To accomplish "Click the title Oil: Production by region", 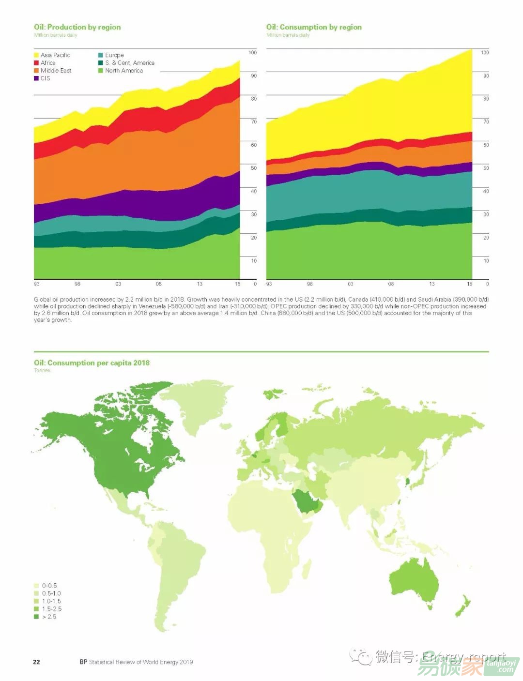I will click(77, 27).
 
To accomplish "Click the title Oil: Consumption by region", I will click(314, 27).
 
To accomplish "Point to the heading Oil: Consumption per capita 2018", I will click(92, 363).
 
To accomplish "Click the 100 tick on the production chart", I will click(252, 53).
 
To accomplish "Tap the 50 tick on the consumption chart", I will click(486, 168).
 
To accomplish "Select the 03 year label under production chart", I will click(118, 284).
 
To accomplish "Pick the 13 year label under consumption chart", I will click(431, 284).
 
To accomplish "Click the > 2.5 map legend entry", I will click(48, 617).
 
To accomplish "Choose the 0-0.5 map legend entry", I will click(49, 586).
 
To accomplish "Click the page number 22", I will click(36, 662).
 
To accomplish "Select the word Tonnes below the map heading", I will click(42, 370).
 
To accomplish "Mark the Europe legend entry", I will click(114, 55).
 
